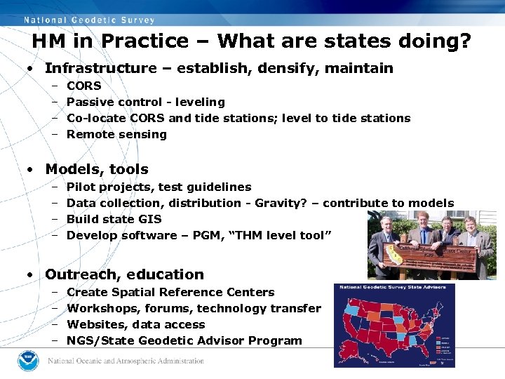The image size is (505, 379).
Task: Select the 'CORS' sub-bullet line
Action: click(x=83, y=86)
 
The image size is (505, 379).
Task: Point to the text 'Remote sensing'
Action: click(x=116, y=134)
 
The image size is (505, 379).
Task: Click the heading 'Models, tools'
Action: click(x=97, y=169)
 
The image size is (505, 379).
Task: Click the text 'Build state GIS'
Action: click(x=114, y=219)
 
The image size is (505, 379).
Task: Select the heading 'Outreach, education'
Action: click(x=124, y=274)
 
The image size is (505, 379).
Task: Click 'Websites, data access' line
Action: click(x=135, y=324)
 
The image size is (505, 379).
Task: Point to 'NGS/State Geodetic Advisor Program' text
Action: click(x=184, y=340)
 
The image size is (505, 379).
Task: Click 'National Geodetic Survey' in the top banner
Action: click(x=89, y=20)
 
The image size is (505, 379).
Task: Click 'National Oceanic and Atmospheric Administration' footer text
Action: click(x=126, y=361)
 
